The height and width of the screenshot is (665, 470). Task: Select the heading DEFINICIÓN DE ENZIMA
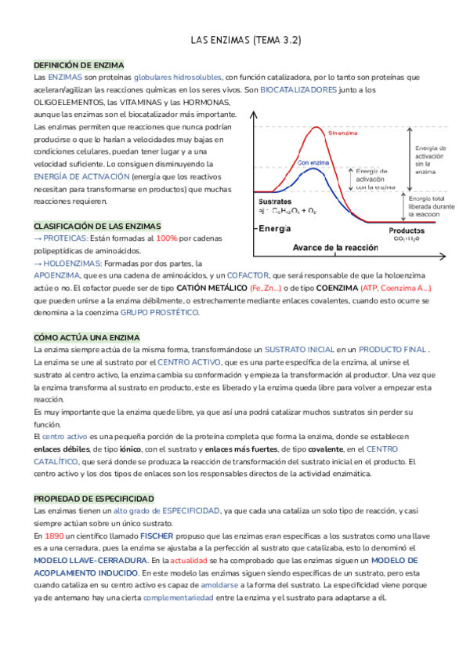(x=78, y=65)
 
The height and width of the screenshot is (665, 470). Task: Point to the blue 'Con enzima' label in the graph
(x=313, y=163)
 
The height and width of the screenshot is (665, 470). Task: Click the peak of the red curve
(x=316, y=128)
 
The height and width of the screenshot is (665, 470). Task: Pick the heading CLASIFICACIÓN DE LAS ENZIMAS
(x=97, y=225)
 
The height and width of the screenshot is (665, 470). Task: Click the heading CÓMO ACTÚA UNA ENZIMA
(x=86, y=337)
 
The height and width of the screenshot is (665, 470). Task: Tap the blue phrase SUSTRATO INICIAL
(x=298, y=349)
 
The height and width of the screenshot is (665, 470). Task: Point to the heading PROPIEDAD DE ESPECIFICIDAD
(x=93, y=499)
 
